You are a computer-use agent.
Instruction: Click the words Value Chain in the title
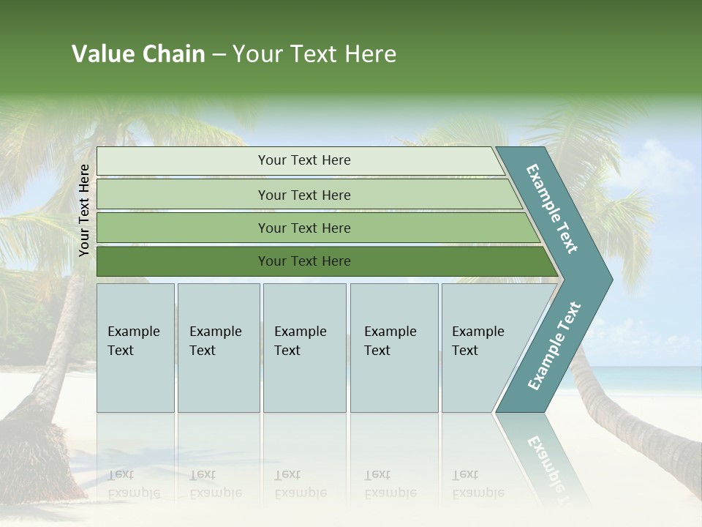tap(138, 54)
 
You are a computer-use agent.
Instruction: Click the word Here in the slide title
tap(370, 54)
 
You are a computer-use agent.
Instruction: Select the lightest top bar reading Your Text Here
tap(303, 160)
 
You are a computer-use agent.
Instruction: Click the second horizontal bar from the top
tap(303, 195)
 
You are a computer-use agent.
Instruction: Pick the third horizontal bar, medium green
tap(303, 228)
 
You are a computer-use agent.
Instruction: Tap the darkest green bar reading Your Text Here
tap(303, 261)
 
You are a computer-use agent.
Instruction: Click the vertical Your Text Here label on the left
tap(84, 211)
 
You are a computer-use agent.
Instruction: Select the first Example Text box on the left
tap(135, 348)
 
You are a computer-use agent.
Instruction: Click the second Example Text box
tap(218, 348)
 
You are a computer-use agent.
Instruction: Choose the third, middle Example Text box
tap(304, 348)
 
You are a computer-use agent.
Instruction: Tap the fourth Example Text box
tap(393, 348)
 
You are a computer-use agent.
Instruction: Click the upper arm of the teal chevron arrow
tap(552, 209)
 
